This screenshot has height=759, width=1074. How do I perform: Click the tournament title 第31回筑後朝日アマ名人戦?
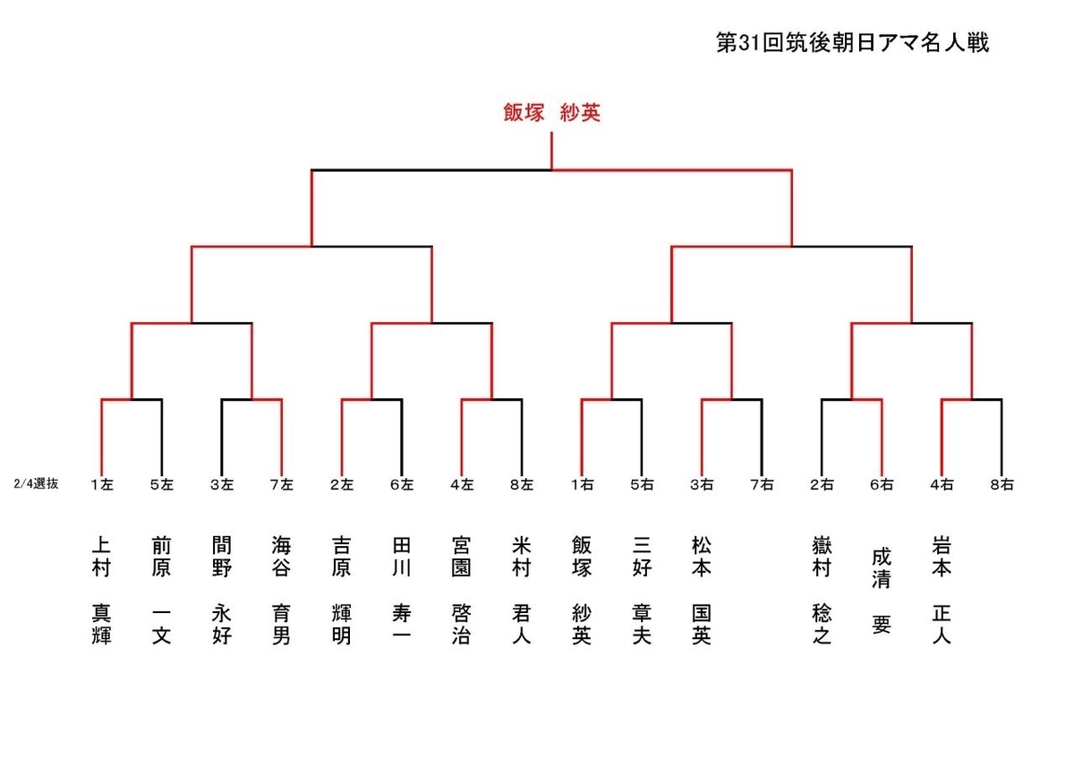[x=852, y=43]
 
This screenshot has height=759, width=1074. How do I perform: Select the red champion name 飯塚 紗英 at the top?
[x=551, y=114]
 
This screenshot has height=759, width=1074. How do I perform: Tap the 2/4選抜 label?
[x=37, y=484]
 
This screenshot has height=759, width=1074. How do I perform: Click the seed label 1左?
[x=102, y=485]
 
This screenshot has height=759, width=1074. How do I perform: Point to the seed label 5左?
[x=162, y=485]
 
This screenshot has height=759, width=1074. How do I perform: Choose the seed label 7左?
[x=282, y=485]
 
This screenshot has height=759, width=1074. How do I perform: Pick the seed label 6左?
[x=402, y=485]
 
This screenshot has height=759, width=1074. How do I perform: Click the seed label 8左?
[x=522, y=485]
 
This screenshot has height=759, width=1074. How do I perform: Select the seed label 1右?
[x=582, y=485]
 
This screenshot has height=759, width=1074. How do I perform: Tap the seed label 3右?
[x=702, y=485]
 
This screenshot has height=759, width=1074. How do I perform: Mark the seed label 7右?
[x=762, y=485]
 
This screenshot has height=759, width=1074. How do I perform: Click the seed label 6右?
[x=882, y=485]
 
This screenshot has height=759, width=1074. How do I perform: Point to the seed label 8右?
[x=1002, y=485]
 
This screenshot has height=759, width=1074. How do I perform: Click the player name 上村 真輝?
[x=102, y=591]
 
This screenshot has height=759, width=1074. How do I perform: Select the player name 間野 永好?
[x=222, y=591]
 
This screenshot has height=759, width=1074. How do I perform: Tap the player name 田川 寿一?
[x=402, y=591]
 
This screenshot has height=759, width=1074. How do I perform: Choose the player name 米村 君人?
[x=522, y=591]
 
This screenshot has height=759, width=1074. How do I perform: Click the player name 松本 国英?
[x=702, y=591]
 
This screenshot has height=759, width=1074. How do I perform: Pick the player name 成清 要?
[x=882, y=591]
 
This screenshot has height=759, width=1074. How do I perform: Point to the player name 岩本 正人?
[x=942, y=591]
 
